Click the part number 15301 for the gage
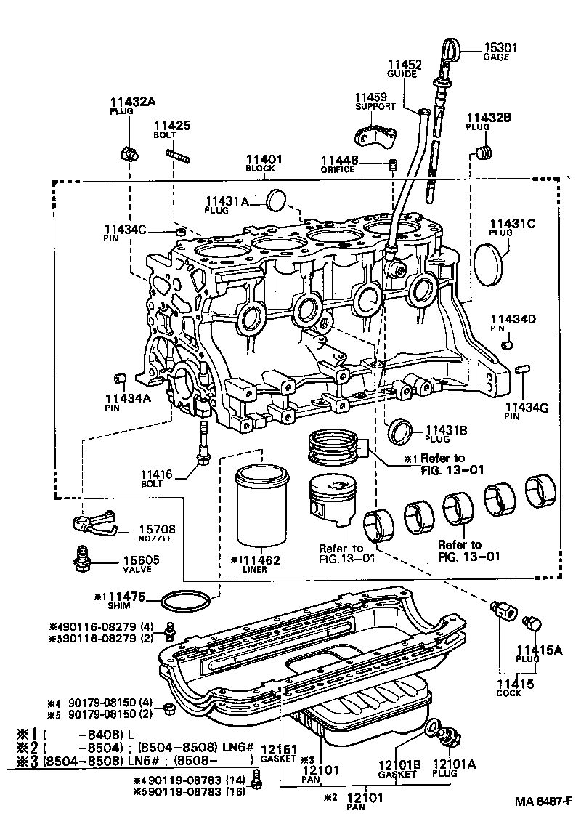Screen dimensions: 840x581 coord(500,48)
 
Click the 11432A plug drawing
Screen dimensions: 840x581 coord(129,153)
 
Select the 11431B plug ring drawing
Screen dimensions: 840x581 coord(400,431)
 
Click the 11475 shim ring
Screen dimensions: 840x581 coord(187,602)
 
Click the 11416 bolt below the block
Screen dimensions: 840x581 coord(203,443)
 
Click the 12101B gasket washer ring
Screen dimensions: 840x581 coord(431,727)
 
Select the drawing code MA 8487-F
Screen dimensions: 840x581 coord(543,801)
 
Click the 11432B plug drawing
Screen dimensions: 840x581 coord(483,153)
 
